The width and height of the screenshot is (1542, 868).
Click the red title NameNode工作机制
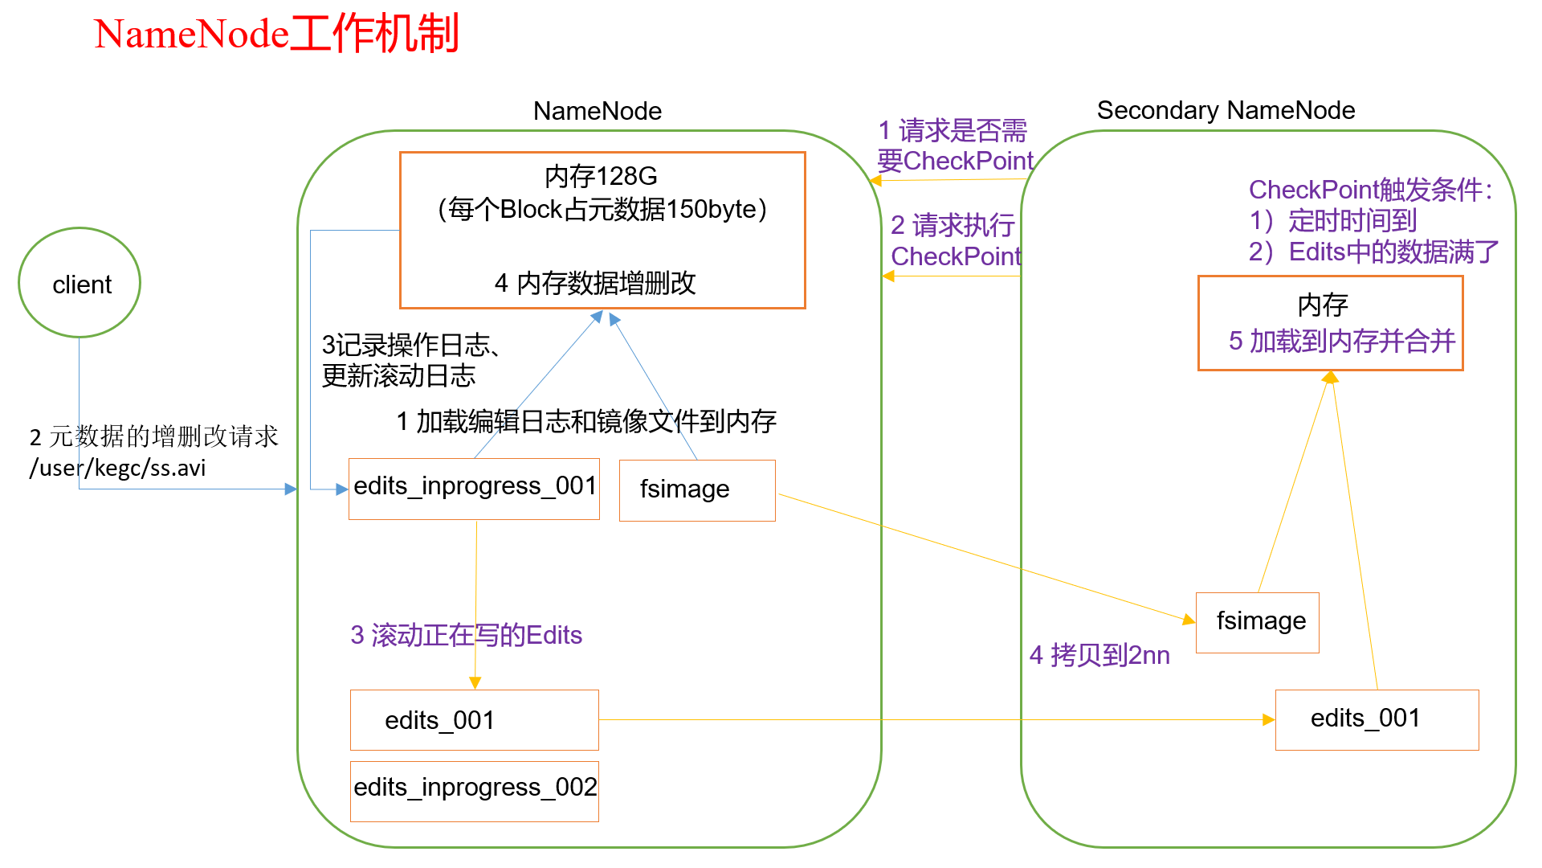click(x=276, y=35)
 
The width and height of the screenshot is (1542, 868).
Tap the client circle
click(x=80, y=283)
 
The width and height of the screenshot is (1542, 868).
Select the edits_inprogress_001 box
click(x=474, y=488)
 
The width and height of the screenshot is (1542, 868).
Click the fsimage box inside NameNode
click(x=696, y=489)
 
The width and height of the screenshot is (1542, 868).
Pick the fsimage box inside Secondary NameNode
click(x=1257, y=622)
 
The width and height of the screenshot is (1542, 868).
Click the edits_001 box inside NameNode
click(x=474, y=719)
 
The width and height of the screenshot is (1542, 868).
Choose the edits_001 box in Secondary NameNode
click(x=1376, y=719)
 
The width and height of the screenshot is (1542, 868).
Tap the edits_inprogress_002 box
click(x=474, y=790)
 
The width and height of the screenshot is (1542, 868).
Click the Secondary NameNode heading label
click(x=1226, y=110)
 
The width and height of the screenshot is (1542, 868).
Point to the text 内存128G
click(x=601, y=176)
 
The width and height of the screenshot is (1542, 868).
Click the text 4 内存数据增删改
click(x=595, y=283)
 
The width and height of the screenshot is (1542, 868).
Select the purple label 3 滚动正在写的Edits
click(x=466, y=635)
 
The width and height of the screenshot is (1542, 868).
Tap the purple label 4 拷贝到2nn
click(x=1099, y=655)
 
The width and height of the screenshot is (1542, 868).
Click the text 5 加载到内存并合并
click(x=1341, y=342)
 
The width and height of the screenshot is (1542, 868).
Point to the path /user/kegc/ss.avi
click(x=118, y=468)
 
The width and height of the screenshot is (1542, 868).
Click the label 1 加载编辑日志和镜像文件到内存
click(x=586, y=421)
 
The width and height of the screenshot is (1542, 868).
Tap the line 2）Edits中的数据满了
click(x=1373, y=252)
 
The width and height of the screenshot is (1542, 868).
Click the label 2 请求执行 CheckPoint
click(x=954, y=240)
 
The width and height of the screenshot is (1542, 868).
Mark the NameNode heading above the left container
click(x=598, y=111)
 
